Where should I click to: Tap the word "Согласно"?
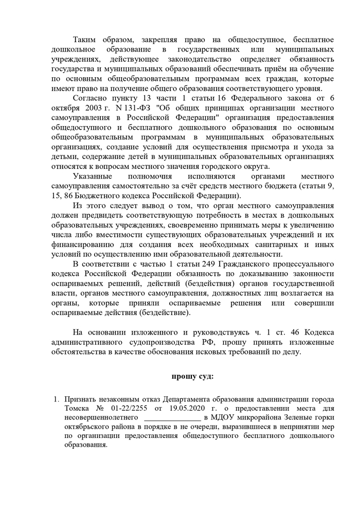(x=91, y=98)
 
